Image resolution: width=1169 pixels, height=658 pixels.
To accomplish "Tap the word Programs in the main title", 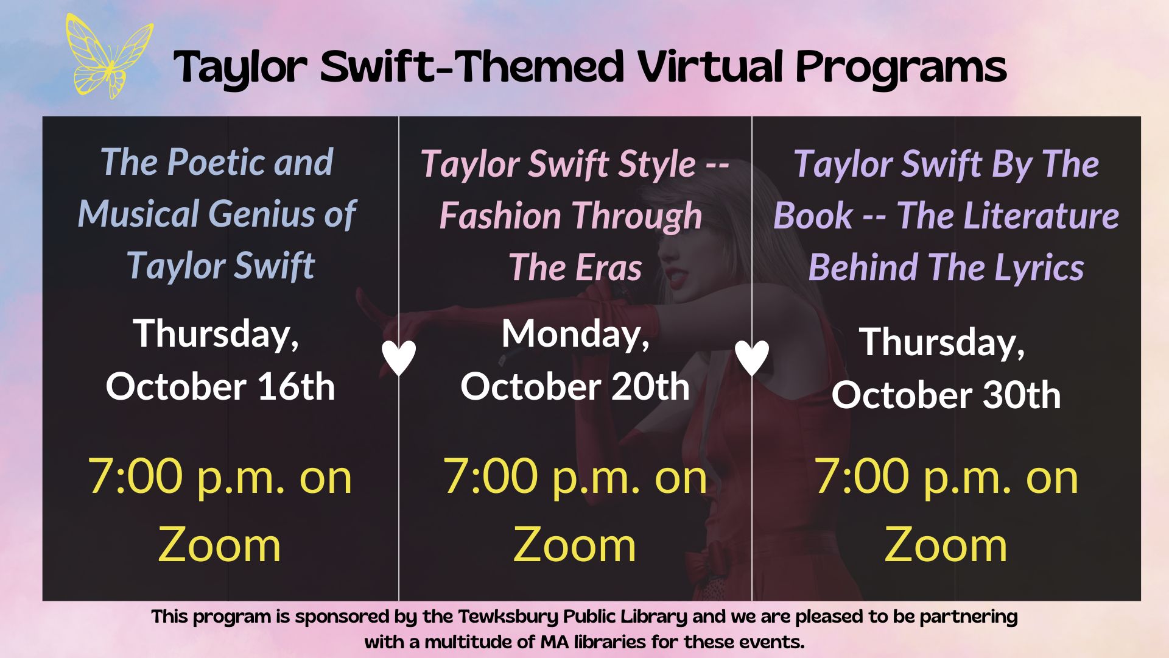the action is coord(901,68).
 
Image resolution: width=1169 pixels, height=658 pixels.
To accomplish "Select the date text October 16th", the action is coord(220,387).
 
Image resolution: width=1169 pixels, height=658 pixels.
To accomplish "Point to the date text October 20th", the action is coord(575,387).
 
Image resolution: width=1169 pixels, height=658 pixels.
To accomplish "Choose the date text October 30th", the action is coord(946,395).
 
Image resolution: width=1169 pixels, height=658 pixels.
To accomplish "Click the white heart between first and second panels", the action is coord(399,358).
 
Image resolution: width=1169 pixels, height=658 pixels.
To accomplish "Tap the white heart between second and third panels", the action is coord(752,358).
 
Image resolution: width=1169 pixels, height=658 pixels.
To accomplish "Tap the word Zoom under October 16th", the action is coord(219,545).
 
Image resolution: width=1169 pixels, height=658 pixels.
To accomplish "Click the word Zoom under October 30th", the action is coord(946,545).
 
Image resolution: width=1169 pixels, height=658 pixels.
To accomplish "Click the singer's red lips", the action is coord(676,281).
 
